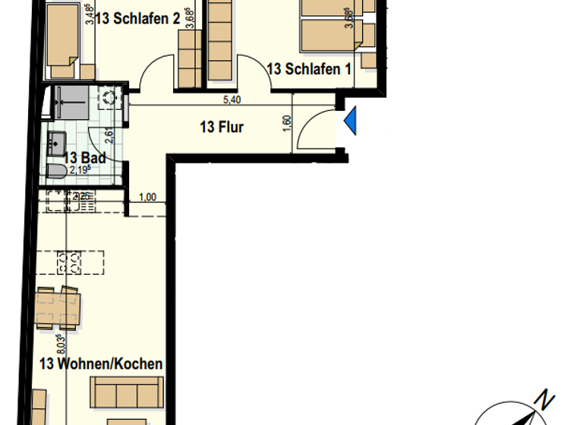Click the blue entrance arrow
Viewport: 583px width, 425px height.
click(350, 121)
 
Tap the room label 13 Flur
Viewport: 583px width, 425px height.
click(222, 127)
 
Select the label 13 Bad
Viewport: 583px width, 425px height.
click(84, 158)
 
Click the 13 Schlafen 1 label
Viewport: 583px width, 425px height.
click(309, 69)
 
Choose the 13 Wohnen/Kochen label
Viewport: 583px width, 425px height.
click(101, 364)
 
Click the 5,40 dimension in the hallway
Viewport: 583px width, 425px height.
click(232, 99)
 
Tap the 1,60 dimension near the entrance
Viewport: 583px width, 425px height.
click(287, 123)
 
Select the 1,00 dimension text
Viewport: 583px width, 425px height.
click(148, 197)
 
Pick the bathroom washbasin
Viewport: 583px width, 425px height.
click(56, 141)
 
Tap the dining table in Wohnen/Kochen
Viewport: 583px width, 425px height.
click(60, 308)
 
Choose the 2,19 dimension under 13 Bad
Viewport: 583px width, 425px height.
click(79, 170)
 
